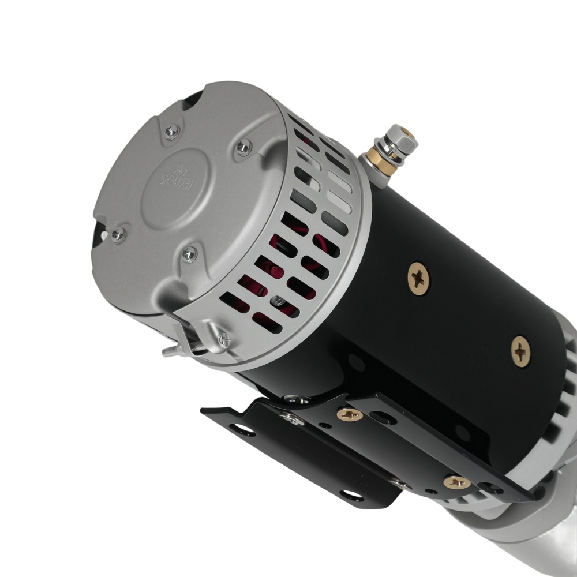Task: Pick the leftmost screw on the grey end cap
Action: tap(118, 234)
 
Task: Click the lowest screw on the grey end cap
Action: tap(189, 253)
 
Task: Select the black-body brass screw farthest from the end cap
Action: tap(521, 351)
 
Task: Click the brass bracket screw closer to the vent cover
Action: tap(349, 413)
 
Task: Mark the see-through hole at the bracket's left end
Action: tap(237, 429)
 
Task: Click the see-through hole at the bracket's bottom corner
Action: tap(349, 494)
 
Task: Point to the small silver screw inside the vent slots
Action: tap(279, 300)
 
